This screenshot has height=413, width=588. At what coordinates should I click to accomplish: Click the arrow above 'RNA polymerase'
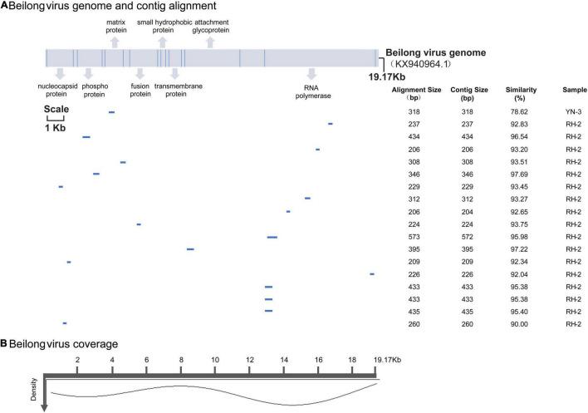311,75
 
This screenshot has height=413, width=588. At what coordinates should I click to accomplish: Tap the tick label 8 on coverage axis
180,359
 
